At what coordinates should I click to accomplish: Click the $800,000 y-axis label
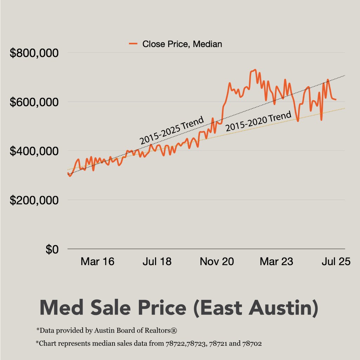[x=34, y=53]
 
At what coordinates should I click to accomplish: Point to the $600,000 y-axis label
[x=34, y=102]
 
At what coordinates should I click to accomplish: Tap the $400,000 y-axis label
[x=34, y=152]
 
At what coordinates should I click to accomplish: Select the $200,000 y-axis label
[x=34, y=200]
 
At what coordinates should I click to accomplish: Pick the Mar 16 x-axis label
[x=97, y=262]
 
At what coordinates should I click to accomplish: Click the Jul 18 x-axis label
[x=157, y=262]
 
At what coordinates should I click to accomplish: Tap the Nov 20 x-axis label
[x=217, y=262]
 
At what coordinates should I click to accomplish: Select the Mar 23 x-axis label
[x=276, y=262]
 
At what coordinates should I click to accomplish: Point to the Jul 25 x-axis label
[x=336, y=262]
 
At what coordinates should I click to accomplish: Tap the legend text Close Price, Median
[x=182, y=44]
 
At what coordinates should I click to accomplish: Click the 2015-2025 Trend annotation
[x=172, y=130]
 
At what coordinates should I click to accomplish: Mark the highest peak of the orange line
[x=255, y=70]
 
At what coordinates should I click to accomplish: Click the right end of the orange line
[x=336, y=99]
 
